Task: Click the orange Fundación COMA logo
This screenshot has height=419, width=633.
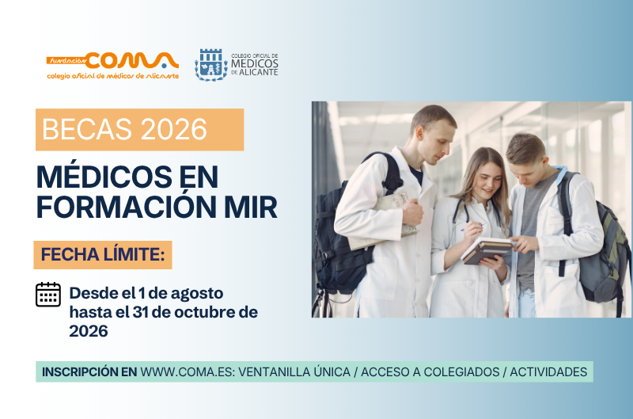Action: pos(112,66)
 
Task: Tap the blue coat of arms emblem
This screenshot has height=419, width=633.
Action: pos(211,65)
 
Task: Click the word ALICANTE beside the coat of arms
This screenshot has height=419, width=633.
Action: pos(259,72)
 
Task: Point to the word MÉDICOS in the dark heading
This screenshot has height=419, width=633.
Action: pos(104,176)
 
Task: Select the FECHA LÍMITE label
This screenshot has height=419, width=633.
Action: pos(103,255)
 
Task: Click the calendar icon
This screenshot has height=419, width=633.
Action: pos(48,295)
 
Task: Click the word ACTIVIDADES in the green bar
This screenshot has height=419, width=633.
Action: pos(548,371)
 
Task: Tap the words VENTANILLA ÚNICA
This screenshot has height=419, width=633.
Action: pos(294,371)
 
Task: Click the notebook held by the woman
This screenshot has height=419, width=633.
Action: pos(487,250)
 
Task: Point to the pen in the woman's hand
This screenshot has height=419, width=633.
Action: pos(472,227)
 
